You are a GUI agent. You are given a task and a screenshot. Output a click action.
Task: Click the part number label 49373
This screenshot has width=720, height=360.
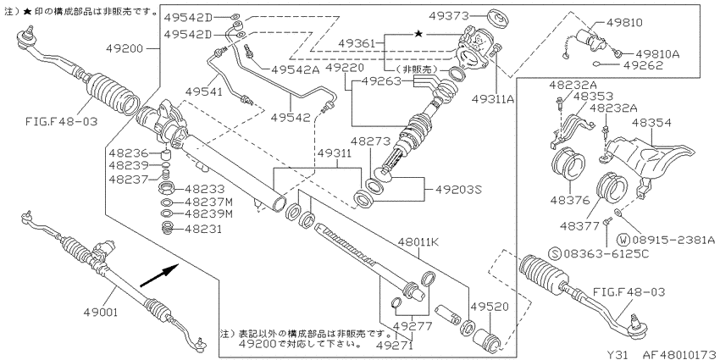tap(449, 16)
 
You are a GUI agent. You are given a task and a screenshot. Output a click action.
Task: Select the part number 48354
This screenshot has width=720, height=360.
tap(651, 123)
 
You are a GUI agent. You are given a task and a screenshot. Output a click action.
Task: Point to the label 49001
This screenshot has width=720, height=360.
tap(101, 313)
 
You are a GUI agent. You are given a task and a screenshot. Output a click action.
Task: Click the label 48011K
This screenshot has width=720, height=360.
tap(418, 242)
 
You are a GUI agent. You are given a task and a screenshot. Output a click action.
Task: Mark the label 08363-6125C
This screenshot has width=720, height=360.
tap(606, 253)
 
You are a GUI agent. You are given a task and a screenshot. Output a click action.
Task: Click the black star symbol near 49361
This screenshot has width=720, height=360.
tap(418, 34)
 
